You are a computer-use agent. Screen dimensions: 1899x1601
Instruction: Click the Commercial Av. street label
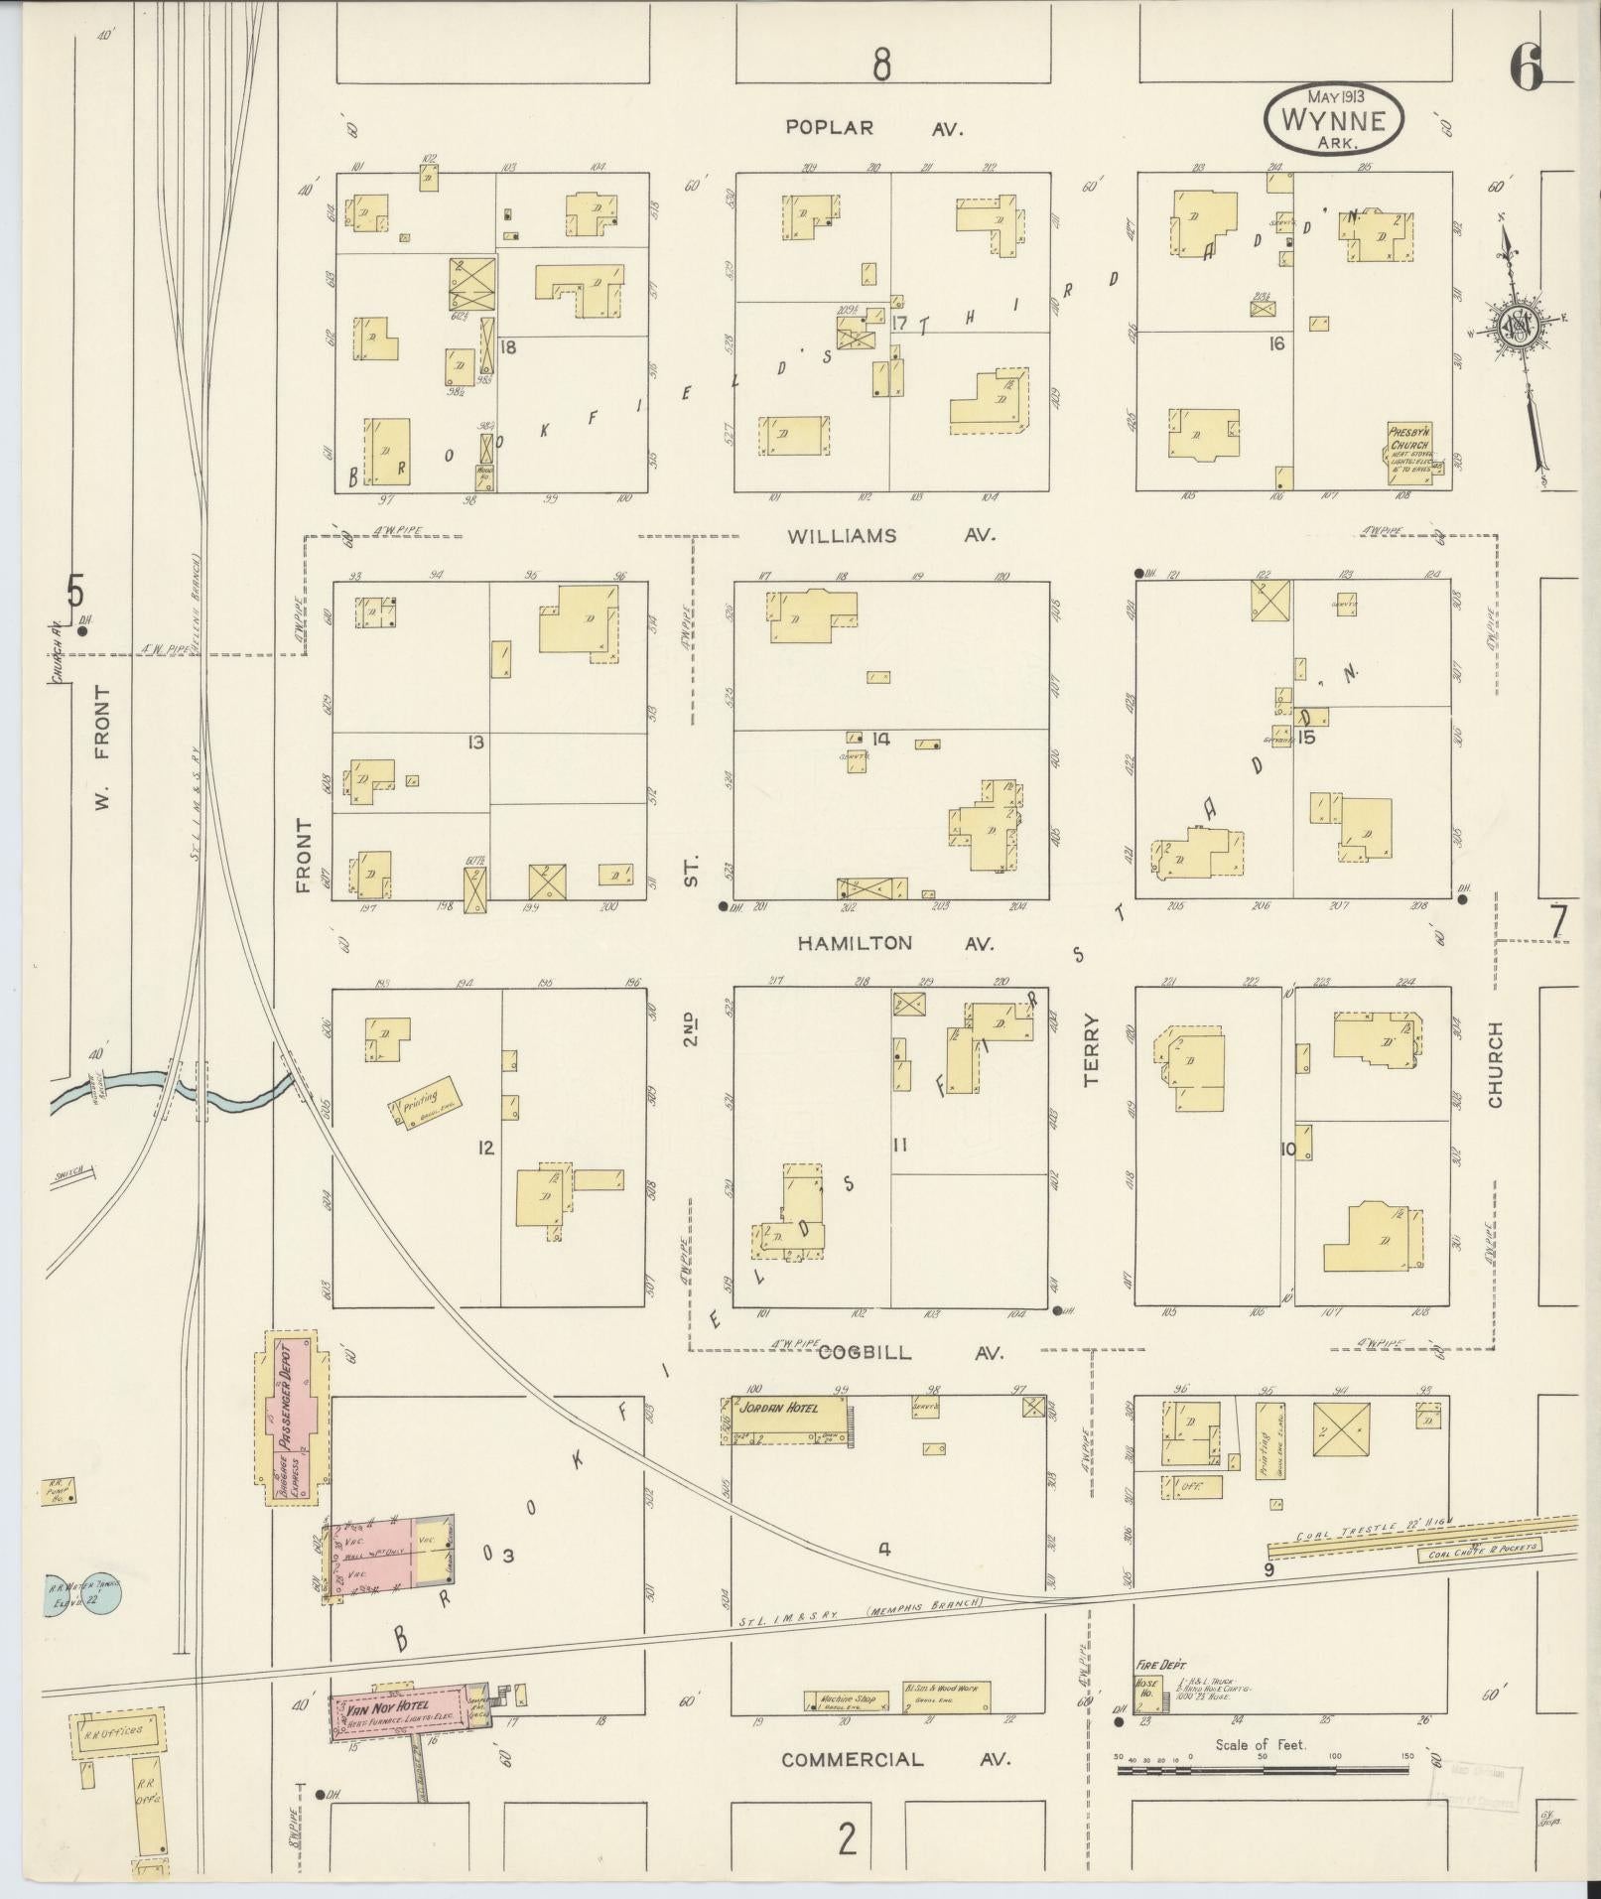tap(895, 1759)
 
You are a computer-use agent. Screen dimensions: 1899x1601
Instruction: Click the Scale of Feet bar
tap(1263, 1769)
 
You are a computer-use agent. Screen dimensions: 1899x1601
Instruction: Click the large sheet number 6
tap(1526, 69)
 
